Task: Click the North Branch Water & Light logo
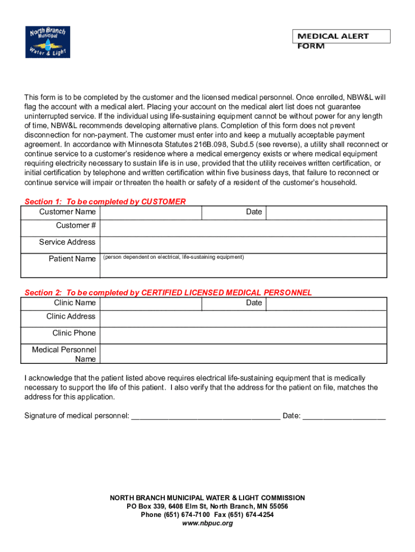point(48,42)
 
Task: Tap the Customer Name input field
point(150,212)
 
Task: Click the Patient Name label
point(72,259)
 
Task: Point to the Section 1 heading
point(105,202)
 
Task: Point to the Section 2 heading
point(168,293)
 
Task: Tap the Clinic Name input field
point(150,303)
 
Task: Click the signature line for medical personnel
point(205,416)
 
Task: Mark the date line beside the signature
point(344,416)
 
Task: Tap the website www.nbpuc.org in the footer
point(207,523)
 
